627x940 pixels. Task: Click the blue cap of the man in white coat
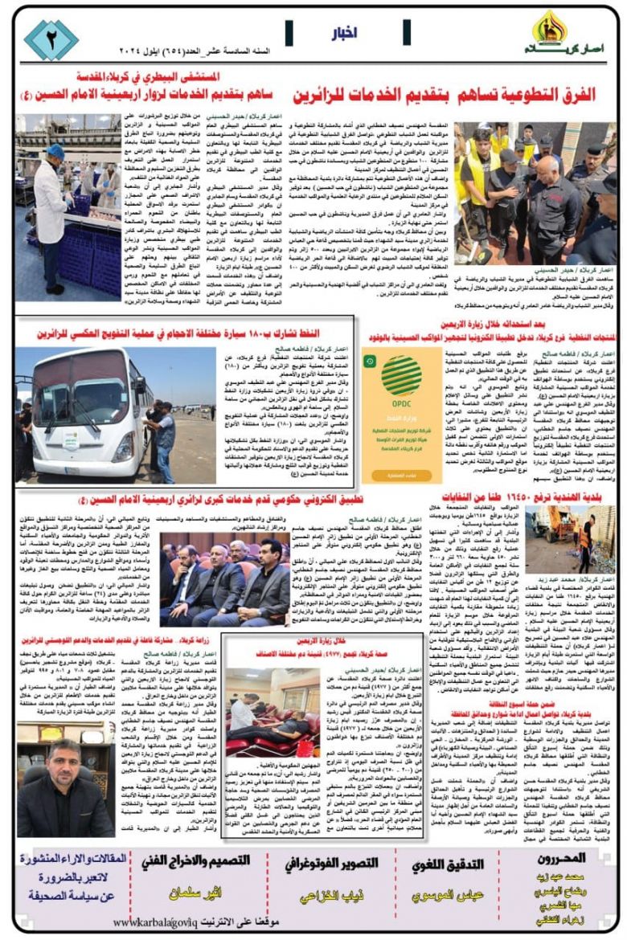(55, 151)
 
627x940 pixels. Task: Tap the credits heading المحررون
(567, 859)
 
